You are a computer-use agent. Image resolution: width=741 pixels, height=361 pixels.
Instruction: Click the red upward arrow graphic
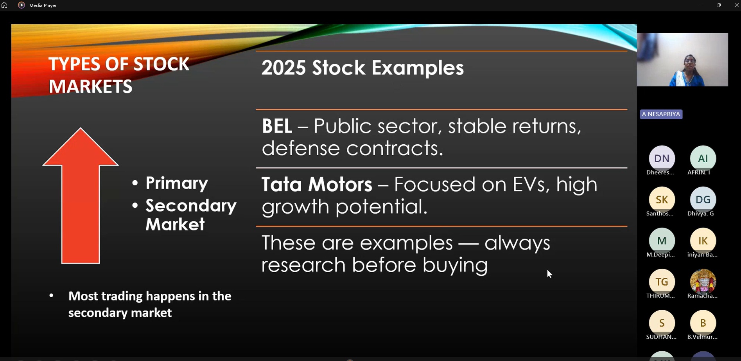pos(81,196)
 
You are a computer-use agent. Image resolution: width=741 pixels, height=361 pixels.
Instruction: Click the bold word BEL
pos(277,126)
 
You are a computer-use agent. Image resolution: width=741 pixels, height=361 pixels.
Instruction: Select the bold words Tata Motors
pos(317,185)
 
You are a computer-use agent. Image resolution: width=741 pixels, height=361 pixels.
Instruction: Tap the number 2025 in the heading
pos(283,68)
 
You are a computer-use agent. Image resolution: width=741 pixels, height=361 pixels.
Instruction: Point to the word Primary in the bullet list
pos(177,183)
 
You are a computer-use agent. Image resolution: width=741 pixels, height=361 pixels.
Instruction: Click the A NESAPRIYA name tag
pos(661,114)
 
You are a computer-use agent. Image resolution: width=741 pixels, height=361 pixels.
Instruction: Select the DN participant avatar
pos(662,158)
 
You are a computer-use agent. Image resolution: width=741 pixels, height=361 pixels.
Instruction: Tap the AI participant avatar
pos(703,158)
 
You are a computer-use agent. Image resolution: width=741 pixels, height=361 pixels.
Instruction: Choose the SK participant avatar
pos(662,199)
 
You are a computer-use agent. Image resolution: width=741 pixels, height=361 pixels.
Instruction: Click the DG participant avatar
pos(703,199)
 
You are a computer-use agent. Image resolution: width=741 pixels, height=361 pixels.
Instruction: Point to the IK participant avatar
pos(703,241)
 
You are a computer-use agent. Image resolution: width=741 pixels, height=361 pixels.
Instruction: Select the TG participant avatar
pos(662,282)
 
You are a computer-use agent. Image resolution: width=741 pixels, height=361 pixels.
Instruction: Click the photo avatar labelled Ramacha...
pos(703,282)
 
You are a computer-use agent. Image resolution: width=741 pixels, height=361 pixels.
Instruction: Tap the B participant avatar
pos(703,323)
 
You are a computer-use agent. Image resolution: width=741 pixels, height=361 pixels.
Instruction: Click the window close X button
pos(736,5)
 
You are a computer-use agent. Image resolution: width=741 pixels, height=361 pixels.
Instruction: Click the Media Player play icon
pos(22,5)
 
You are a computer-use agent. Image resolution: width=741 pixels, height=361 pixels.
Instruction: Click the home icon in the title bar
pos(5,5)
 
